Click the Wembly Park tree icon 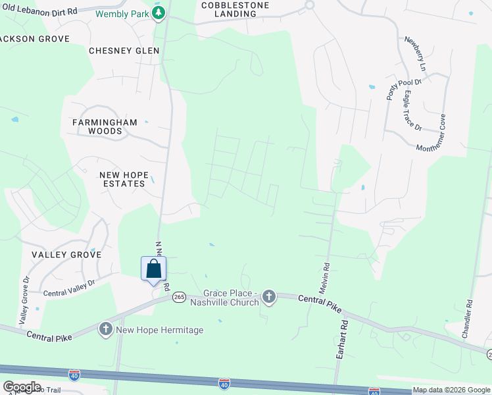click(x=159, y=13)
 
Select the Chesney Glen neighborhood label click(x=124, y=51)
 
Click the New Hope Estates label click(x=122, y=179)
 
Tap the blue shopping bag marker click(x=153, y=269)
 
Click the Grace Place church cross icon click(x=268, y=298)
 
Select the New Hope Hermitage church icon click(x=106, y=329)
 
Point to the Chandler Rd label click(x=466, y=319)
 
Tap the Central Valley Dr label click(x=69, y=288)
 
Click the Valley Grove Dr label click(x=25, y=300)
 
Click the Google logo click(x=22, y=386)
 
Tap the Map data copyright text click(x=451, y=390)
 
